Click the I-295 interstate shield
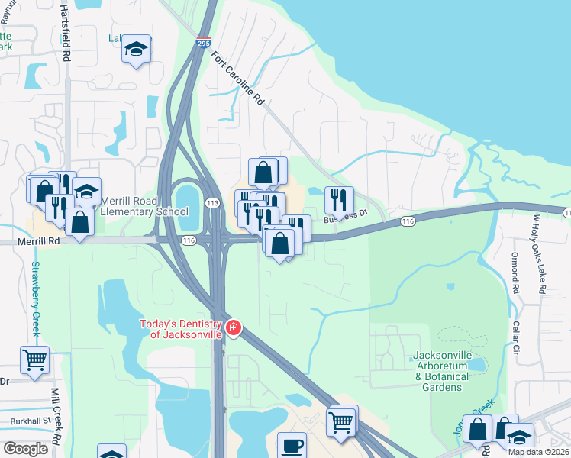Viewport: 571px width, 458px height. pyautogui.click(x=205, y=44)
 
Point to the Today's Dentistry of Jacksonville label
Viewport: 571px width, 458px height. pyautogui.click(x=181, y=329)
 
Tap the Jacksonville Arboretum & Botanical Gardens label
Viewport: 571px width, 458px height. pyautogui.click(x=448, y=371)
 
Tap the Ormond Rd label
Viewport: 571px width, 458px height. pyautogui.click(x=515, y=273)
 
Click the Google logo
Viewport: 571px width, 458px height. pyautogui.click(x=25, y=448)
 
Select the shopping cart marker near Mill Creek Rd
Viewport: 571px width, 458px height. pyautogui.click(x=34, y=359)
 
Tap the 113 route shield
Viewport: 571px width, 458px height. pyautogui.click(x=212, y=202)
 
